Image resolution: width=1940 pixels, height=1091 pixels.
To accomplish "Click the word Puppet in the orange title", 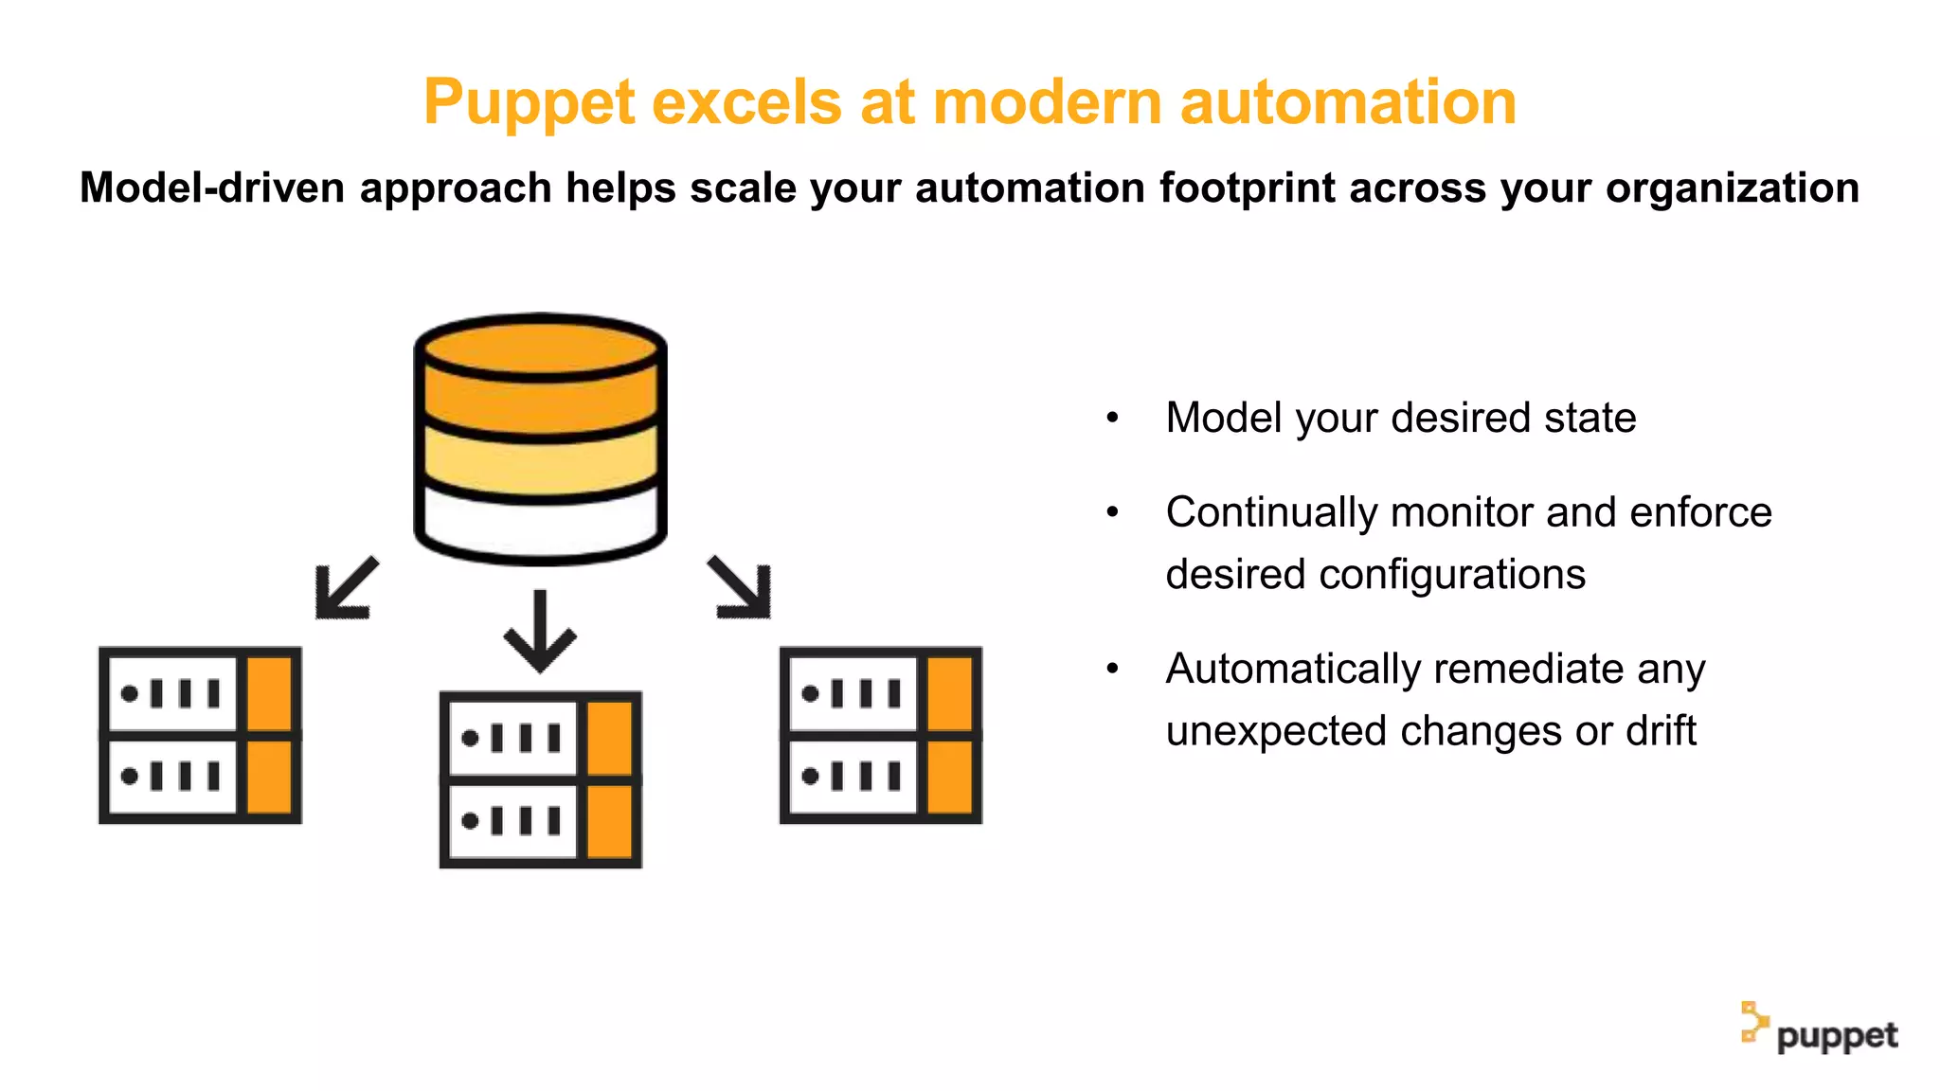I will pos(530,102).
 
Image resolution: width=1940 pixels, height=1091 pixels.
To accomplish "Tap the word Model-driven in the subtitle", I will pos(211,188).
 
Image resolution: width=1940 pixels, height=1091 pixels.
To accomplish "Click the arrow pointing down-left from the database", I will pos(345,589).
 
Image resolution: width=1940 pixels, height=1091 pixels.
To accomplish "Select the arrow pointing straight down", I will pos(540,630).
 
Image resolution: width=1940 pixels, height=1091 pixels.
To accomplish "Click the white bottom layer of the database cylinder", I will pos(540,526).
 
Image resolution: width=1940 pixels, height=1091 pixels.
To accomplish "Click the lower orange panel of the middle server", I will pos(610,820).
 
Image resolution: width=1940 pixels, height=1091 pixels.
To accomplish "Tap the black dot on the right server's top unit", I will pos(810,694).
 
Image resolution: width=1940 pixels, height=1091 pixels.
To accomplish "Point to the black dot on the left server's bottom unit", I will pos(130,776).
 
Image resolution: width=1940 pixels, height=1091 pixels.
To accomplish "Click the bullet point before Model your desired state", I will pos(1113,418).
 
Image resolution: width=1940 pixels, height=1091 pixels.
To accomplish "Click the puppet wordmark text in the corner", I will pos(1837,1036).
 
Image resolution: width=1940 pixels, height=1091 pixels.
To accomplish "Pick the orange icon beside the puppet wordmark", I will pos(1753,1023).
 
